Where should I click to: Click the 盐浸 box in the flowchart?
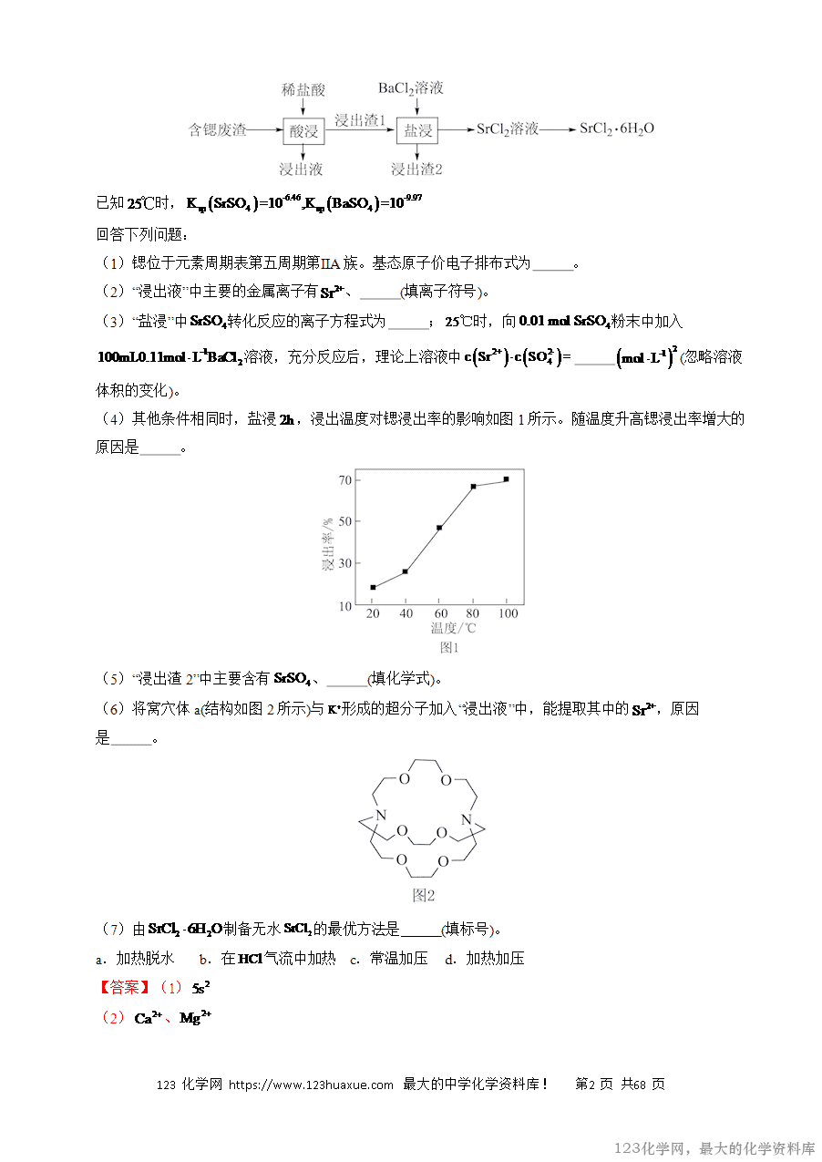[418, 130]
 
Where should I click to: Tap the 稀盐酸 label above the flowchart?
[303, 89]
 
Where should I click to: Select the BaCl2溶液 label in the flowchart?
[411, 88]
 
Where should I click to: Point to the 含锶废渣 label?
[217, 130]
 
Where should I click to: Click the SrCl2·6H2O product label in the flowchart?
[617, 129]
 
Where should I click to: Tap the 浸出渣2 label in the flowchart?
[416, 170]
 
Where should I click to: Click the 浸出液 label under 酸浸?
[301, 170]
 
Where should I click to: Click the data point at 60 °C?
[439, 528]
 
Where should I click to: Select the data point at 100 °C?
[506, 479]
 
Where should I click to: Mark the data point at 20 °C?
[373, 587]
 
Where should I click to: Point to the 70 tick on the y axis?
[344, 480]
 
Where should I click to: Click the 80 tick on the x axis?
[473, 613]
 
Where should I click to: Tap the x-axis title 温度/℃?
[453, 628]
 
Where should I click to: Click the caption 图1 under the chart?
[449, 648]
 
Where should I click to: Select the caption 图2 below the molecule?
[424, 895]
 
